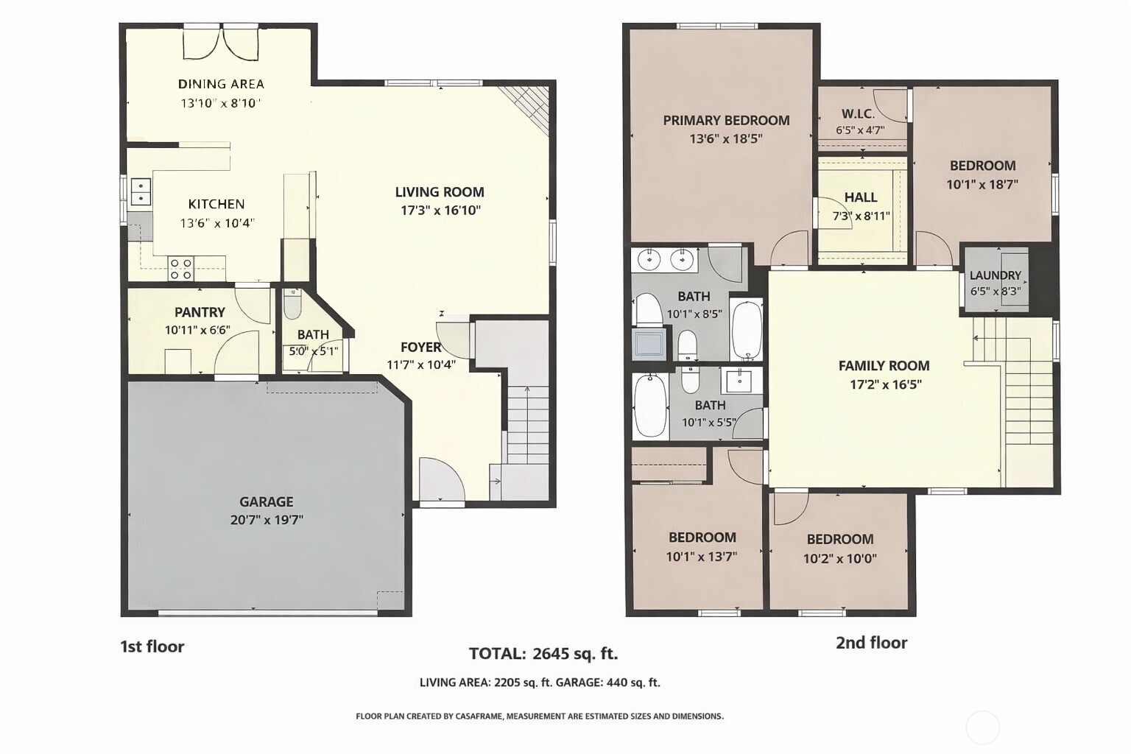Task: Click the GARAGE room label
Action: (x=266, y=501)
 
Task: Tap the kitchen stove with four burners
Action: (x=180, y=269)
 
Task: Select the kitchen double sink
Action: (x=140, y=191)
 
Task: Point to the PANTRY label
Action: (x=200, y=312)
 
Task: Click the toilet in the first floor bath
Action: (x=292, y=305)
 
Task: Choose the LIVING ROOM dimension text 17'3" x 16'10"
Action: (x=439, y=211)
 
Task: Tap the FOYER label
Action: (x=420, y=347)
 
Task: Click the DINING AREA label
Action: (x=221, y=84)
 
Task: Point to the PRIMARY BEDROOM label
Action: (x=726, y=120)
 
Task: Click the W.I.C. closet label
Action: (x=859, y=114)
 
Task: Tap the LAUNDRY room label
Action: (x=995, y=275)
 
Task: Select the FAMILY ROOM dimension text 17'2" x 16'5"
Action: (x=884, y=384)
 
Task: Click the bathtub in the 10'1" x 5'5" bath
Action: (x=650, y=405)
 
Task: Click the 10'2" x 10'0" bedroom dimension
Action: (x=839, y=559)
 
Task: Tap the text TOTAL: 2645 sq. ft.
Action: (x=543, y=653)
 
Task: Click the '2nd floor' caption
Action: (x=871, y=643)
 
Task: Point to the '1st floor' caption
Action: (x=152, y=646)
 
